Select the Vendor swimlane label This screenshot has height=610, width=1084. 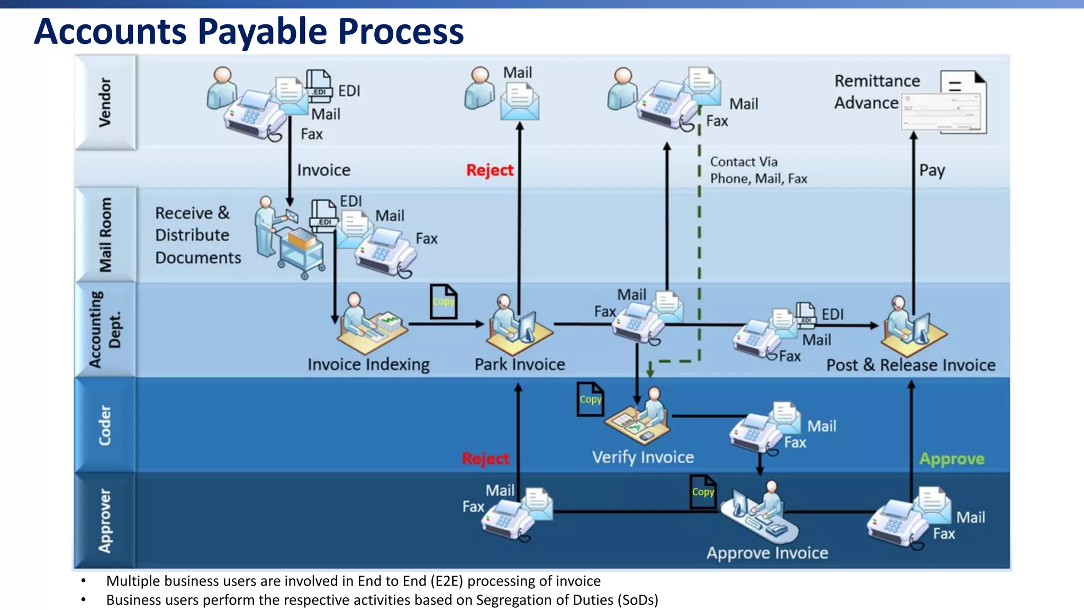105,102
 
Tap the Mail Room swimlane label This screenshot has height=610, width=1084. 105,235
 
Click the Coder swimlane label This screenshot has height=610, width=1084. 105,425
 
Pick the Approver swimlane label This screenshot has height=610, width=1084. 105,521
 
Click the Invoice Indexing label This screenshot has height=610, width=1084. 368,364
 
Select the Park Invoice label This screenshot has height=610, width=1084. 519,364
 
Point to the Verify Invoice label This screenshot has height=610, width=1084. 643,457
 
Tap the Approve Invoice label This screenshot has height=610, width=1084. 767,553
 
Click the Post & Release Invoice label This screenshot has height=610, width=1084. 910,365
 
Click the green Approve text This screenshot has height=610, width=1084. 951,459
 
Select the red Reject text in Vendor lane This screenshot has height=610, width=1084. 490,171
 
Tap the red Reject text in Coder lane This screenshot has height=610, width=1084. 485,459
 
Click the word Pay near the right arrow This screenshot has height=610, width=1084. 932,171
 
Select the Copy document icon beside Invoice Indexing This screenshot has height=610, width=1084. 443,302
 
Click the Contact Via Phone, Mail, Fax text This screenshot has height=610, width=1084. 758,170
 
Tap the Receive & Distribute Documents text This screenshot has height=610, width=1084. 197,235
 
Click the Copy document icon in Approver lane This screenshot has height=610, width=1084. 702,492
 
